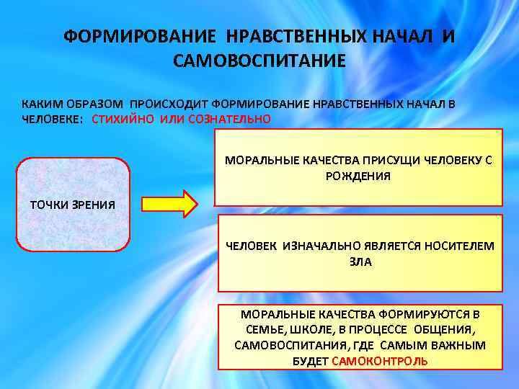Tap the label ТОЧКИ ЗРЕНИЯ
[72, 204]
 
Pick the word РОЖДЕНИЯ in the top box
[358, 175]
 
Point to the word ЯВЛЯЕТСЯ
[389, 246]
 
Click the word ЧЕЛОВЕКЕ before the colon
[51, 119]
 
